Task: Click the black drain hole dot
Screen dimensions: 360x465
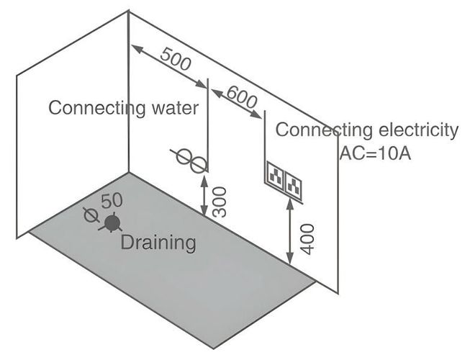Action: [111, 222]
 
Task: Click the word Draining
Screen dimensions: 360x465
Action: [158, 243]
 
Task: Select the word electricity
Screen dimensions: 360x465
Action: [417, 130]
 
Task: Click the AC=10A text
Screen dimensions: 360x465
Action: [374, 153]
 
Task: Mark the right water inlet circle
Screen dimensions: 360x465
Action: [196, 163]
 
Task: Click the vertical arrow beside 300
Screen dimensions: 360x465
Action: [206, 192]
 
